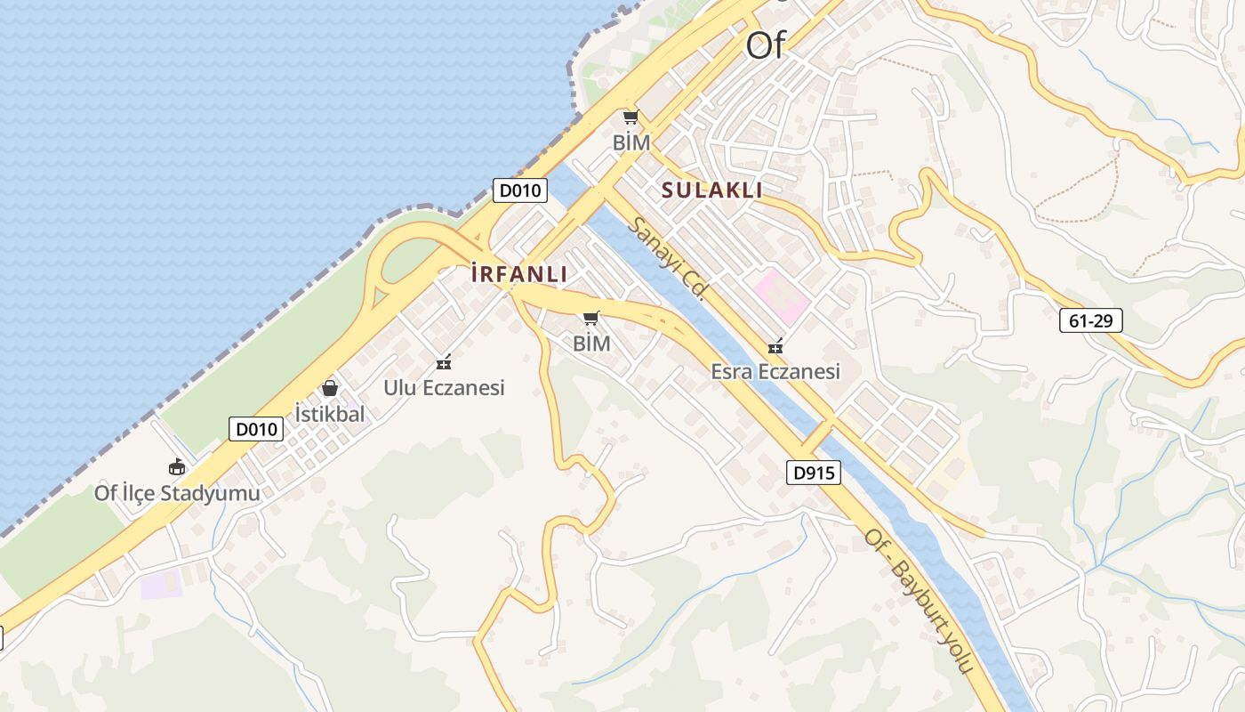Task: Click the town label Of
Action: tap(766, 45)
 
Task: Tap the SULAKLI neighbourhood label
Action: tap(712, 190)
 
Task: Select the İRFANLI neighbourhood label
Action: tap(519, 275)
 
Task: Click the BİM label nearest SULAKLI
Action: tap(631, 142)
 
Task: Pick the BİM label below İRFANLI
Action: tap(591, 343)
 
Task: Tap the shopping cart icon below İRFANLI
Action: tap(591, 318)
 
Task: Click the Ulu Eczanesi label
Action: tap(444, 387)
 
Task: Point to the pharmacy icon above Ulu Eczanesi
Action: tap(444, 362)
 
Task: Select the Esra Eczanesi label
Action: tap(775, 371)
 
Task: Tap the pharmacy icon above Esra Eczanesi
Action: tap(775, 346)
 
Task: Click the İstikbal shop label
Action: tap(330, 413)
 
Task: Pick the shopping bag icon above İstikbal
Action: tap(330, 388)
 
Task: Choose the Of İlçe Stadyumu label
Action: tap(178, 493)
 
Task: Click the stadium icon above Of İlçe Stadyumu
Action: tap(177, 466)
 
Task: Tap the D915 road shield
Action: tap(814, 473)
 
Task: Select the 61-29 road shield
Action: tap(1091, 320)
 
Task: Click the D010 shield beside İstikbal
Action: tap(256, 429)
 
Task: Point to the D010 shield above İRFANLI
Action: tap(520, 190)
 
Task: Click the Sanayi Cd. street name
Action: tap(667, 258)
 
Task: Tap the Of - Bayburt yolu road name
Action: tap(920, 601)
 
